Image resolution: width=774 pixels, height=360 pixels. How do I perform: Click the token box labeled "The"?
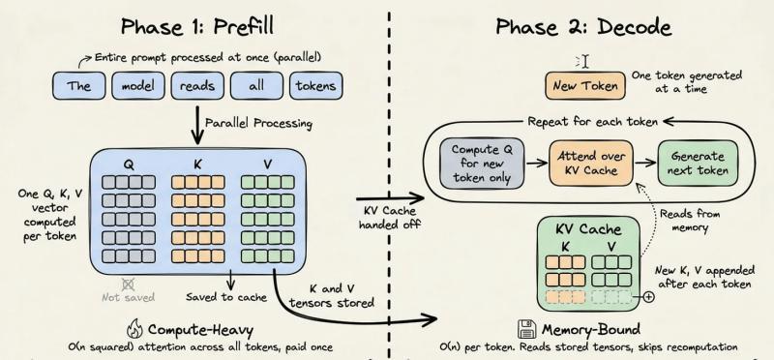point(78,84)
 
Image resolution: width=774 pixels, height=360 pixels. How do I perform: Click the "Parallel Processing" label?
point(274,123)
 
